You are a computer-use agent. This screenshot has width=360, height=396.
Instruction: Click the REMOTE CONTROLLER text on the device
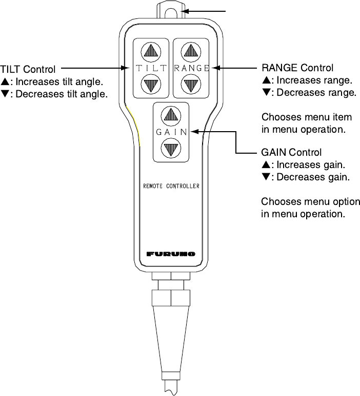(x=171, y=186)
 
